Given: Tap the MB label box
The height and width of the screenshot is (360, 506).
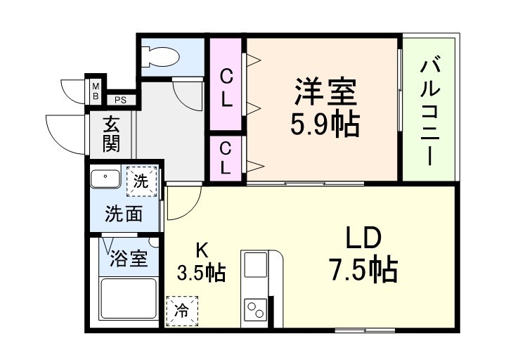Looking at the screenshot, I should point(94,89).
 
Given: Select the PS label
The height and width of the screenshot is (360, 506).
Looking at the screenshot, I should point(120,100).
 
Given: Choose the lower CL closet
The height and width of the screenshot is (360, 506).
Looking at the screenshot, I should point(226,157).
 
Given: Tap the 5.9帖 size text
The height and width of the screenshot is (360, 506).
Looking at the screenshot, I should point(325,125).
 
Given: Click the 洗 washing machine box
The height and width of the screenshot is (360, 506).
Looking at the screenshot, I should point(141,181).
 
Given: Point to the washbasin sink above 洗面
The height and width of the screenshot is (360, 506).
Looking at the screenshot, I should point(108,179).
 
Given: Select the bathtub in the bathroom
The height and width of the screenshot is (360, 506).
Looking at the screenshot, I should point(128,298).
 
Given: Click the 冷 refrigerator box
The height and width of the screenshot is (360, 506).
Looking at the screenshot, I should point(182,310).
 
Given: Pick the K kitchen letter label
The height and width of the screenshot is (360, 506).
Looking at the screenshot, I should point(201,250).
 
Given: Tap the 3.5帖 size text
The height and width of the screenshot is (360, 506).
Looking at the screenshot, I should point(201,273).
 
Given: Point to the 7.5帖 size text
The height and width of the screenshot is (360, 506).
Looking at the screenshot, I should point(363,269).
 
